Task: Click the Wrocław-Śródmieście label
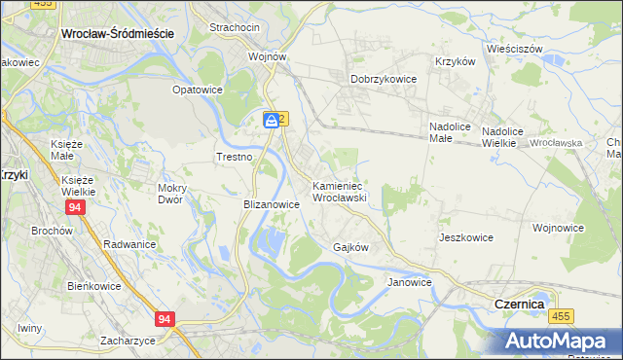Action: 117,32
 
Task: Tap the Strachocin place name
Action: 235,27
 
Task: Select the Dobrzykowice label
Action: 384,80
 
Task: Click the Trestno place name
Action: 234,157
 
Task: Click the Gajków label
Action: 350,247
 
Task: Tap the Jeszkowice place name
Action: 466,237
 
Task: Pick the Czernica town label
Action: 519,304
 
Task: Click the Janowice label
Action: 409,282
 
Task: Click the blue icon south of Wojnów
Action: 271,120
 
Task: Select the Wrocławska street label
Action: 557,143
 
